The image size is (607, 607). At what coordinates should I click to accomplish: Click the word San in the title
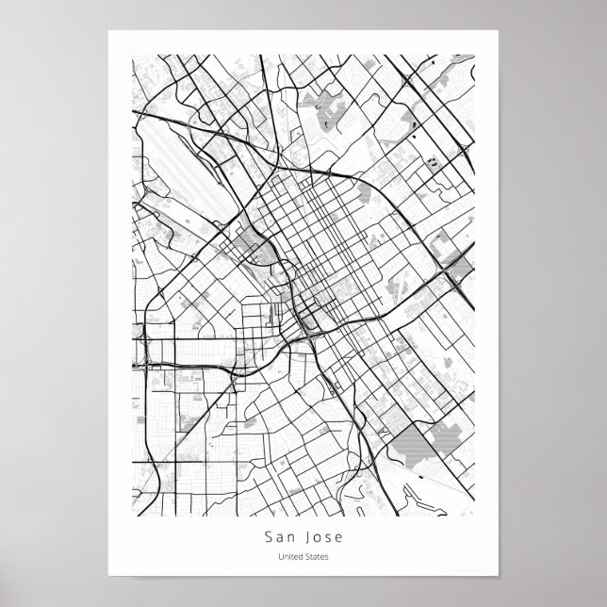tap(279, 538)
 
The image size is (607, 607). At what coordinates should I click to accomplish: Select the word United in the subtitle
tap(288, 558)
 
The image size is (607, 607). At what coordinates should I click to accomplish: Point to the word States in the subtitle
tap(318, 558)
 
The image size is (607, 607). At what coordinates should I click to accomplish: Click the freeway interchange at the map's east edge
tap(457, 273)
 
